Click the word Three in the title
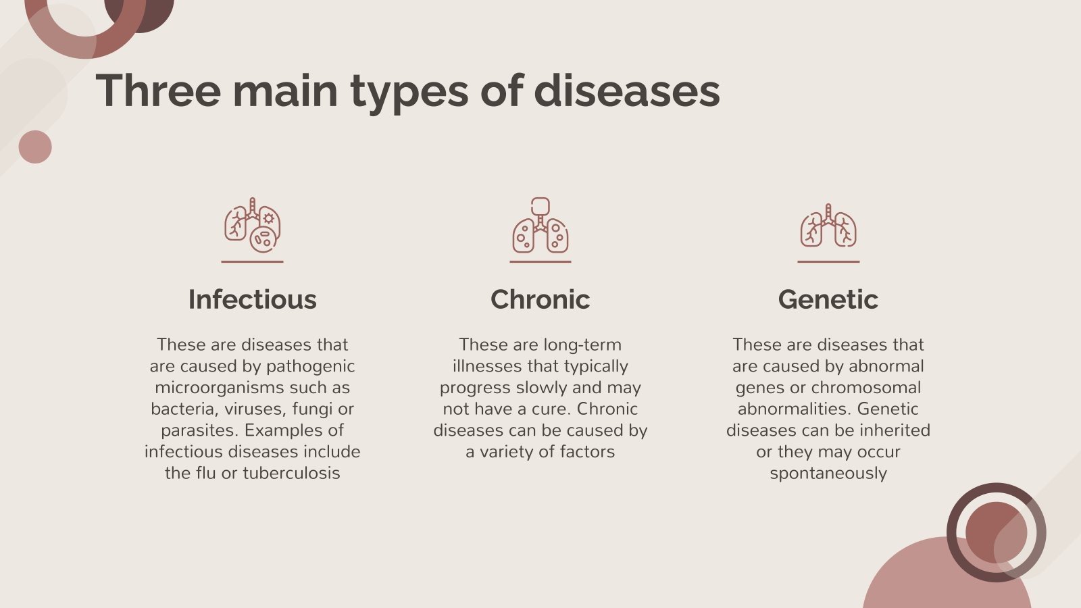(158, 91)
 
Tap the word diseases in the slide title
(626, 91)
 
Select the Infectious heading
(252, 299)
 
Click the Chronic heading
(540, 299)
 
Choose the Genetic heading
(828, 299)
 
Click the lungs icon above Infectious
(252, 226)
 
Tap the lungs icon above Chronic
(540, 226)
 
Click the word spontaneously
(828, 473)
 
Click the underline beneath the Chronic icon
(540, 261)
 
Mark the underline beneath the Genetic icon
(828, 261)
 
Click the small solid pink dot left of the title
(35, 147)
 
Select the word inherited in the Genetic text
(894, 430)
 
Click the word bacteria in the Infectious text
(180, 409)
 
